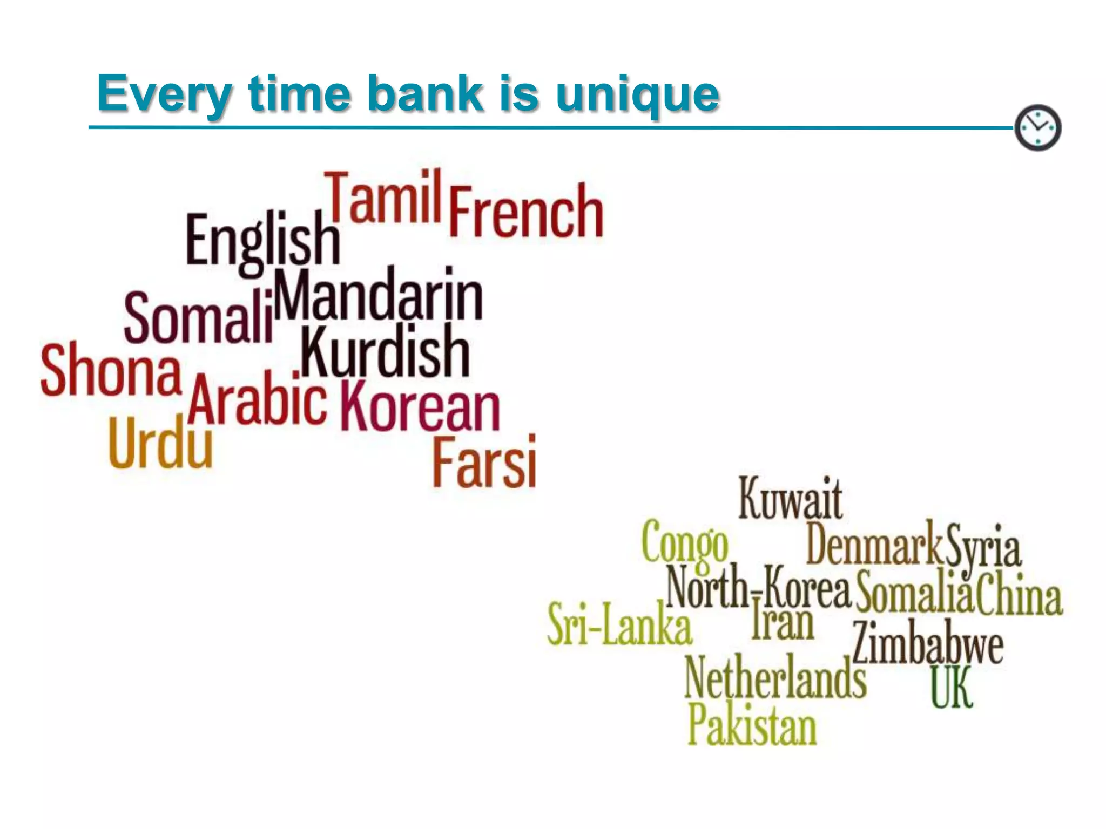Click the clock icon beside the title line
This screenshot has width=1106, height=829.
click(x=1037, y=128)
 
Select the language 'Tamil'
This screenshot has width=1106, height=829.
click(x=385, y=198)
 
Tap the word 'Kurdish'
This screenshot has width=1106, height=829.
click(x=385, y=352)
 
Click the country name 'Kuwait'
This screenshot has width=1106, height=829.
click(x=790, y=499)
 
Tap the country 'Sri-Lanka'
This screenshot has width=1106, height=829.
click(x=619, y=625)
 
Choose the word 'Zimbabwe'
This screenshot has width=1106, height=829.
click(x=928, y=643)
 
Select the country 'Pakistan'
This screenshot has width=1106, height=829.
click(x=751, y=724)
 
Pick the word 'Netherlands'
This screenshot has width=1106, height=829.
click(x=775, y=678)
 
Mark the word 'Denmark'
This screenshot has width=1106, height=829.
click(x=873, y=544)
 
